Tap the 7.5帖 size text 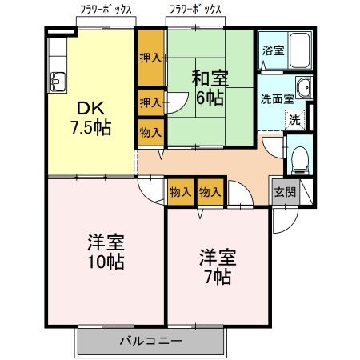(x=87, y=129)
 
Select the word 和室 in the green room (x=209, y=79)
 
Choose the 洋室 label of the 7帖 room (x=217, y=258)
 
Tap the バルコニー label (x=150, y=341)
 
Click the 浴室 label (x=272, y=50)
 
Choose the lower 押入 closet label (x=149, y=102)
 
